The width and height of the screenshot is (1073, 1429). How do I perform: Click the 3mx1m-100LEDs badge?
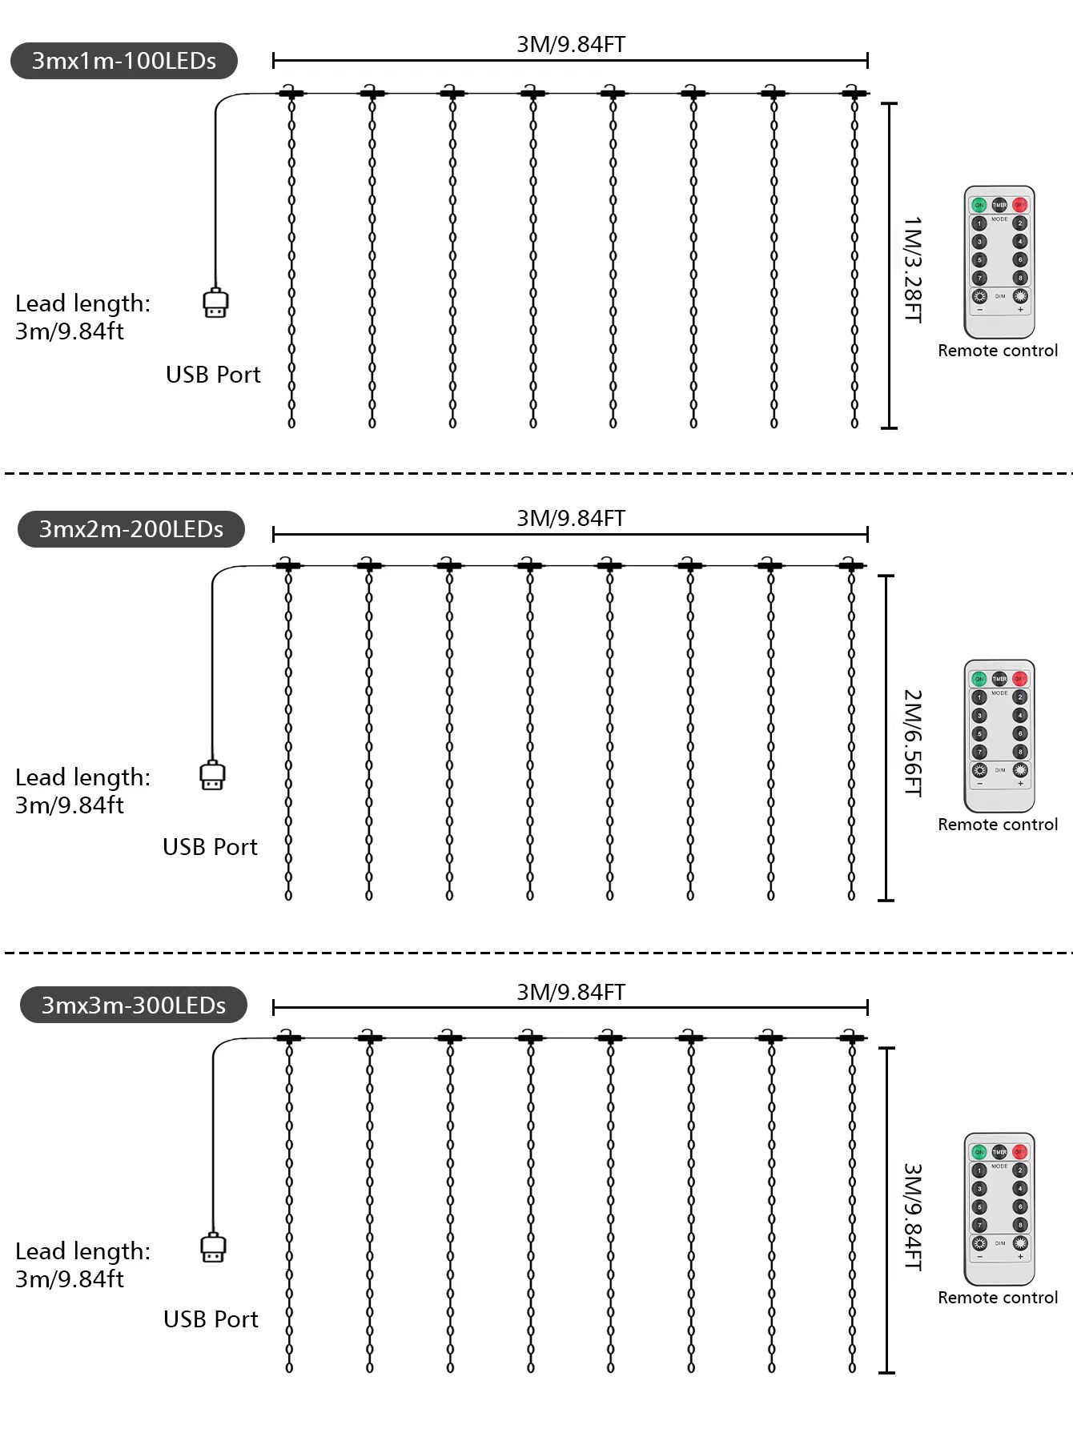point(124,61)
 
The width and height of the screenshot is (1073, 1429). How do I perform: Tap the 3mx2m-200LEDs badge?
point(131,529)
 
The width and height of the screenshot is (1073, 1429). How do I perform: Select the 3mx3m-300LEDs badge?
point(134,1005)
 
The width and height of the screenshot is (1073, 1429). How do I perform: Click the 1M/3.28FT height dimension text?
point(912,269)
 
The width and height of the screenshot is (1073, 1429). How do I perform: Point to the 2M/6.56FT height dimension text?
point(912,743)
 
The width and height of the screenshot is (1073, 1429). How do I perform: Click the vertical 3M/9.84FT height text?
point(912,1216)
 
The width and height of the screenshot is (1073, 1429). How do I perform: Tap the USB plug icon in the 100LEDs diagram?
point(215,303)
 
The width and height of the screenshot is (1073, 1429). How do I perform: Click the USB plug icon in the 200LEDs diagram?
point(212,776)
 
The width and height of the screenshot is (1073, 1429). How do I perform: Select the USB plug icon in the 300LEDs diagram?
point(212,1248)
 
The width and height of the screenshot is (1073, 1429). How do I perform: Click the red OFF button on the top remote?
point(1020,205)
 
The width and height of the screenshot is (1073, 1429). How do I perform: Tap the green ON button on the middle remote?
point(979,679)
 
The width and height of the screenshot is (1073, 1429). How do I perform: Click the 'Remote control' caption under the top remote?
point(998,351)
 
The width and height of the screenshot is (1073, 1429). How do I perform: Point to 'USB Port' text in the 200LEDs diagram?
point(210,847)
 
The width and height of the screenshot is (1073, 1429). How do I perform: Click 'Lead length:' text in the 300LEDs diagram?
point(82,1251)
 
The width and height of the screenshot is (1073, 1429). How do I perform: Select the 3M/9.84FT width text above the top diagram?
point(570,44)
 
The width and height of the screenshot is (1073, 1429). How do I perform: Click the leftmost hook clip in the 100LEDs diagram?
point(291,93)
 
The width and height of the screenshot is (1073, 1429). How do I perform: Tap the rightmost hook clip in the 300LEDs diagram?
point(852,1038)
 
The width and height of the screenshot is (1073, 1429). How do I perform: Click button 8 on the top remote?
point(1020,278)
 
